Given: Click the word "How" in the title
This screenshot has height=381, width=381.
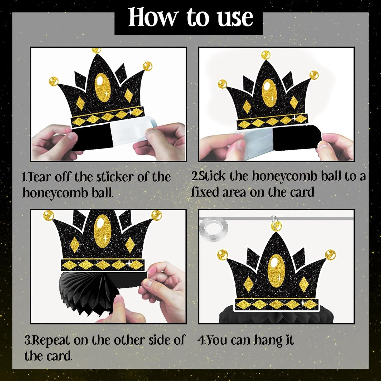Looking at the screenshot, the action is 152,18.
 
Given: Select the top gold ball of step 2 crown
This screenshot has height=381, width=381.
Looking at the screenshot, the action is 266,55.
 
